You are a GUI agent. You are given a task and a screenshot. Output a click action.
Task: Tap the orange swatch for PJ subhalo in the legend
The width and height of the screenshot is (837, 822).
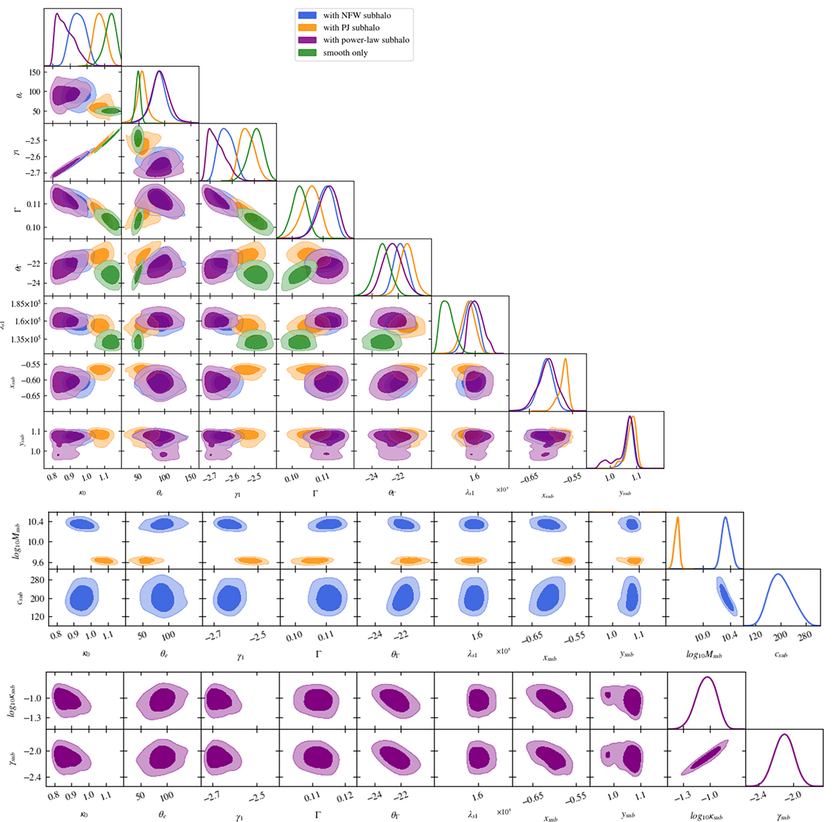click(307, 27)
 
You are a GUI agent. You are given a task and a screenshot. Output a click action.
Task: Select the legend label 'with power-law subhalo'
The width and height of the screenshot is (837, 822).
click(366, 40)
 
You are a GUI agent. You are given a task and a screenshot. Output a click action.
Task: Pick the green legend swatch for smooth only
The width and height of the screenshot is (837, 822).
click(307, 53)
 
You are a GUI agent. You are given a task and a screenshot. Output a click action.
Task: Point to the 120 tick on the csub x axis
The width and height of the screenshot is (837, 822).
click(755, 636)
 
